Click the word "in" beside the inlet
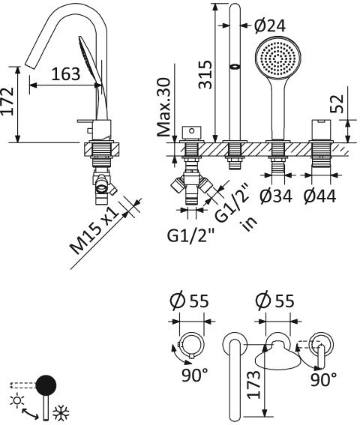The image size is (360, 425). point(244,225)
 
